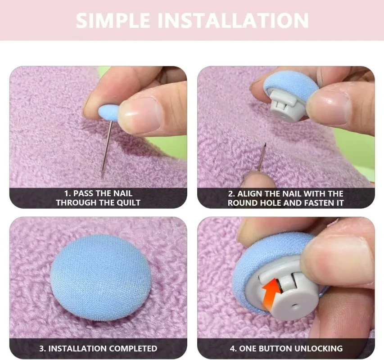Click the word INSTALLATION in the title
pyautogui.click(x=233, y=21)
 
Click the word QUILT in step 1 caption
pyautogui.click(x=128, y=203)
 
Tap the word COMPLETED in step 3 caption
pyautogui.click(x=134, y=348)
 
